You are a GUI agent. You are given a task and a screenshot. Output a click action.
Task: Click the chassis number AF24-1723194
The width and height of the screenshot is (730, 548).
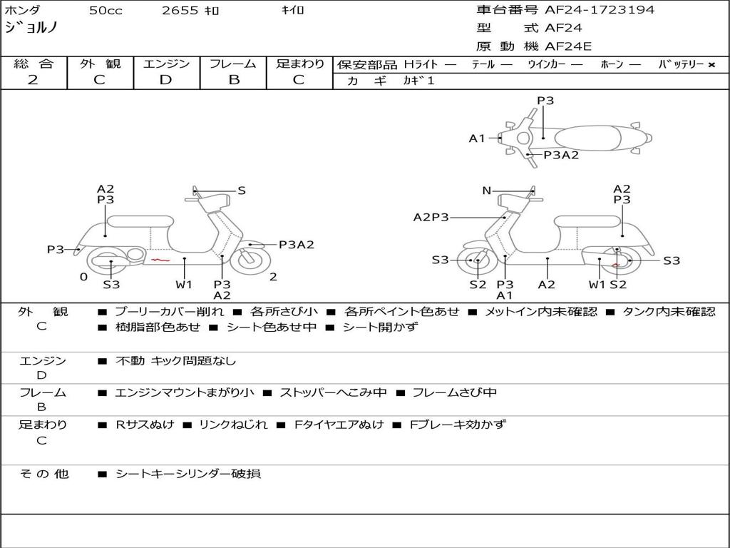(600, 10)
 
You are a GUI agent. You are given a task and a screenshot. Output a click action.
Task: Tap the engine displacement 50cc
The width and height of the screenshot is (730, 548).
(106, 11)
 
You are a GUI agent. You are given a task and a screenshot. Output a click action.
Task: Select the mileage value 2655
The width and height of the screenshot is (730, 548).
(180, 11)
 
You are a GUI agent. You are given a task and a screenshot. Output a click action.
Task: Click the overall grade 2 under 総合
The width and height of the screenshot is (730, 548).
(33, 80)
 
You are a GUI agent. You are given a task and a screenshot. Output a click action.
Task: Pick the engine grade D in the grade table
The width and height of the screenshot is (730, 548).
(165, 80)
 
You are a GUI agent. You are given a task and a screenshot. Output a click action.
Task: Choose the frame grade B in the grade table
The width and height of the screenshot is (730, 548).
(234, 80)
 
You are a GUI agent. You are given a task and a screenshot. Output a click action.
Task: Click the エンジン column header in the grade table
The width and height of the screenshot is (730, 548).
(166, 64)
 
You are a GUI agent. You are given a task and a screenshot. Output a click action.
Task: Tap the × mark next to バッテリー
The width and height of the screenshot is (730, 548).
(711, 65)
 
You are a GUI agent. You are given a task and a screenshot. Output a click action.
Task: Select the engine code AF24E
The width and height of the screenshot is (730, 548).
(568, 46)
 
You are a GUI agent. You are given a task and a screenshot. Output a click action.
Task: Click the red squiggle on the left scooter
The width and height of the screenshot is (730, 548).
(160, 260)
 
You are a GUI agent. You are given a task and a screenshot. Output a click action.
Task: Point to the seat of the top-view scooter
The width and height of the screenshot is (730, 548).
(587, 138)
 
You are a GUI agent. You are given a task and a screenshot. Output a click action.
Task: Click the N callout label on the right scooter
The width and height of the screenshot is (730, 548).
(486, 191)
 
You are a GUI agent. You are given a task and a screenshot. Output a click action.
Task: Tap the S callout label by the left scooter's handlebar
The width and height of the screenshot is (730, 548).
(242, 191)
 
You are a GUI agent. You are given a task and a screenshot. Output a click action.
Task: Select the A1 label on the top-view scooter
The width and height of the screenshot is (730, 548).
(477, 138)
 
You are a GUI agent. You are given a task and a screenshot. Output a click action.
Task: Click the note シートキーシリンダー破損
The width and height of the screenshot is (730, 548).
(188, 474)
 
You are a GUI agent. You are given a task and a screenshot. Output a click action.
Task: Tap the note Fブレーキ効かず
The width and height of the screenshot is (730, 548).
(457, 425)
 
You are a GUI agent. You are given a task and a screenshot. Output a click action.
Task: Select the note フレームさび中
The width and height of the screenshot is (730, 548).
(454, 393)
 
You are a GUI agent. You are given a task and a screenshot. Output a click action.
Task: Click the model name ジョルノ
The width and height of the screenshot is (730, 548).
(31, 28)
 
